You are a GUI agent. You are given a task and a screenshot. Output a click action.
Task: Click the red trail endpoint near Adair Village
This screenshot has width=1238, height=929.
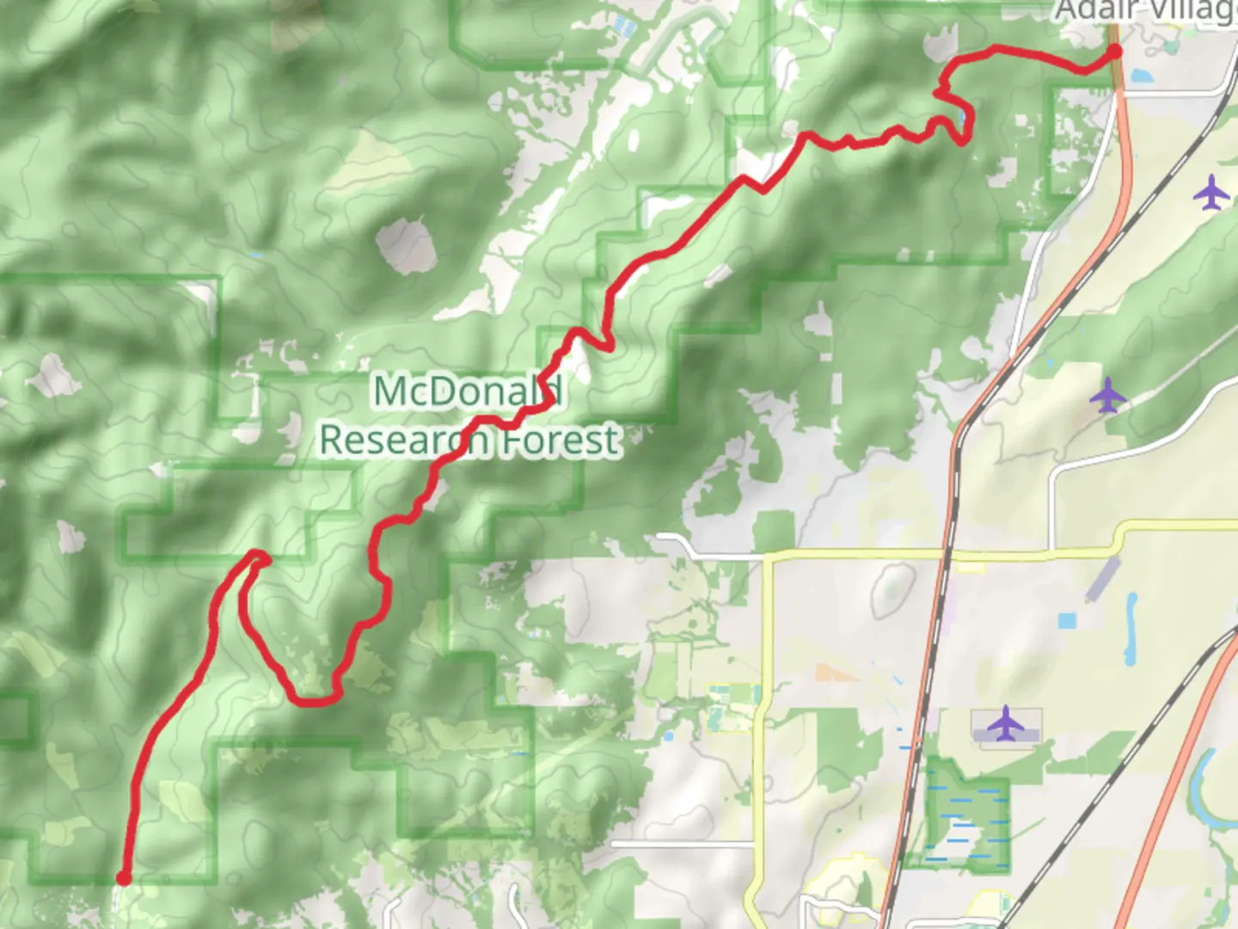click(1114, 52)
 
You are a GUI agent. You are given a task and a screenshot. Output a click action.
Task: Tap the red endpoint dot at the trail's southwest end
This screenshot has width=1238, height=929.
click(123, 878)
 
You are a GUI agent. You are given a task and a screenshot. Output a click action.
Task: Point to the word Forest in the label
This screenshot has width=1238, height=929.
click(561, 440)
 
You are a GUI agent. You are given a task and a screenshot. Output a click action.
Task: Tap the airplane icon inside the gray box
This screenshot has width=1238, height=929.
click(1005, 724)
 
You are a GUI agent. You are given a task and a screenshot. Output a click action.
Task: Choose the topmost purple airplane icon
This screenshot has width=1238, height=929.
click(1211, 193)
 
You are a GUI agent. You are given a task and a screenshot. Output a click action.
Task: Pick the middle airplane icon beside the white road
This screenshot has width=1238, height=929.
click(1108, 396)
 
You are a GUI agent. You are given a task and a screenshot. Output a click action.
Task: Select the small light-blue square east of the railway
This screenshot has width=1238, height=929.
click(1067, 620)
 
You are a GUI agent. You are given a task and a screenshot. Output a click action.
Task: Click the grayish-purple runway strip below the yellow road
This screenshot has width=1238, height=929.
click(1103, 579)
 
